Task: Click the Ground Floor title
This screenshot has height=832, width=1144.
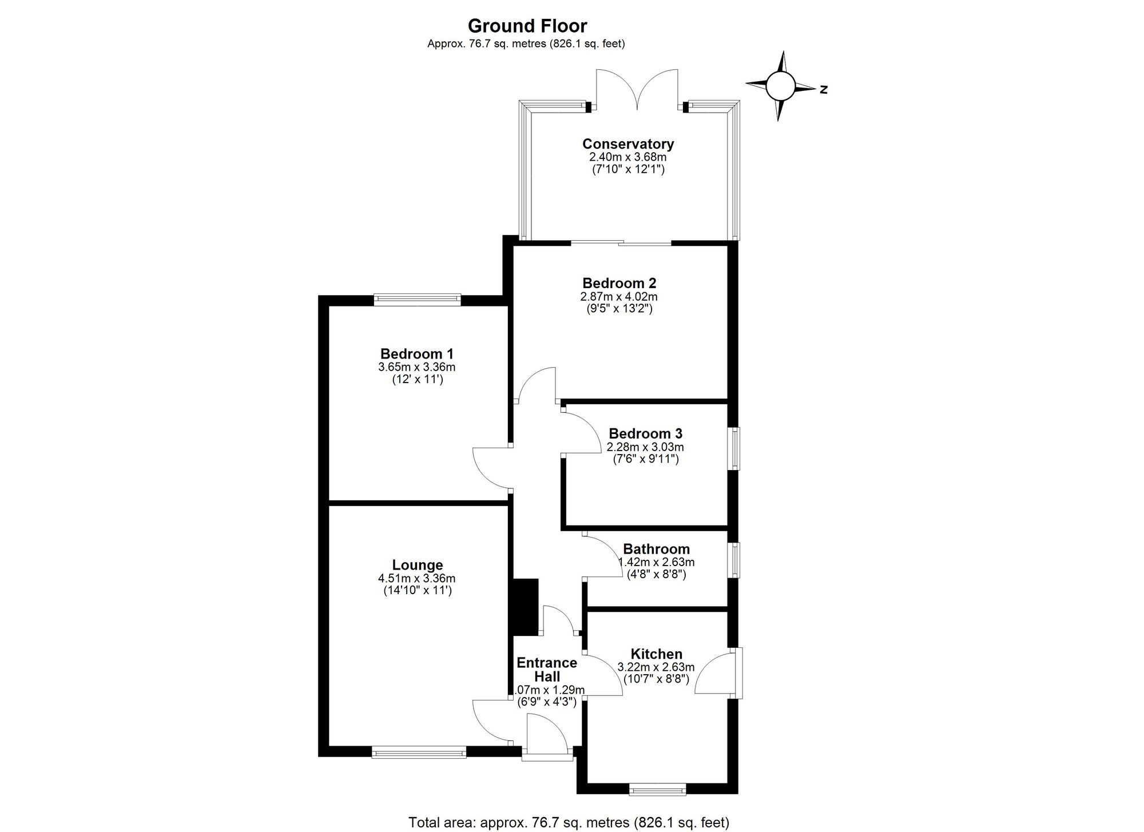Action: tap(527, 26)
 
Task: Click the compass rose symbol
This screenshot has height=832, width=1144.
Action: tap(780, 87)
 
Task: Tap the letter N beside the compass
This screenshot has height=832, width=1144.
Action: tap(824, 89)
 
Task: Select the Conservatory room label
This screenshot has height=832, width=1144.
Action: tap(628, 144)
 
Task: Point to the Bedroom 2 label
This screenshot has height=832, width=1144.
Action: tap(619, 283)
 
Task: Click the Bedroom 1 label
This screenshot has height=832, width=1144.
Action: tap(417, 354)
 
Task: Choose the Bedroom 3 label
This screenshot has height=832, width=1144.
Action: tap(645, 433)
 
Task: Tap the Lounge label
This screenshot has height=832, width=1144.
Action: tap(418, 565)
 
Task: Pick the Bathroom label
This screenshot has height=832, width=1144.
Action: tap(656, 550)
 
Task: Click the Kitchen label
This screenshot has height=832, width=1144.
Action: tap(656, 654)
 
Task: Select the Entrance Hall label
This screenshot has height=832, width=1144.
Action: tap(547, 670)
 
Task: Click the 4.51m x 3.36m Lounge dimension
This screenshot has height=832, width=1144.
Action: tap(417, 578)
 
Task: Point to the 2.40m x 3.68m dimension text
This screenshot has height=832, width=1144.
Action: tap(628, 157)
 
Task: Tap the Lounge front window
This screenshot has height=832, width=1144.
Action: tap(419, 753)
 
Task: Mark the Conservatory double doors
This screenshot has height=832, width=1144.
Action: tap(637, 91)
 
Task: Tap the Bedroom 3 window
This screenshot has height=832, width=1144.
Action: tap(734, 448)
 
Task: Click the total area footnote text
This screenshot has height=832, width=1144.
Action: tap(569, 823)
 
